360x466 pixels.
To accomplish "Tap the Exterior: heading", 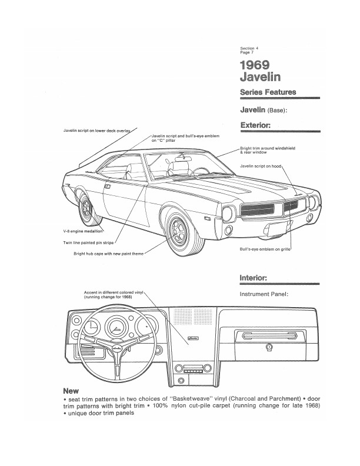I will (x=255, y=125).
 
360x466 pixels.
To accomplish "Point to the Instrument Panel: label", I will (x=264, y=294).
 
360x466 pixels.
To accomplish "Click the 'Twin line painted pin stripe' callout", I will (x=88, y=242).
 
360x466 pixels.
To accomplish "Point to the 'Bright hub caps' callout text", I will (x=109, y=253).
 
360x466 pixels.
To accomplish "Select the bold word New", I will (x=71, y=391).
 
